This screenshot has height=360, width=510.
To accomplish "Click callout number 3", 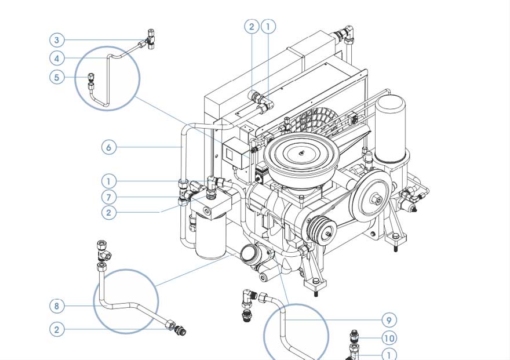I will click(57, 40).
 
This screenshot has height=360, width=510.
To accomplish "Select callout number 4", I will click(57, 58).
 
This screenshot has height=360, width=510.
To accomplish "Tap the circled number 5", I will click(57, 77).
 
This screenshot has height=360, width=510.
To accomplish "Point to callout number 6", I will click(108, 147).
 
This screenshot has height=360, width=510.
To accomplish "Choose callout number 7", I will click(108, 197).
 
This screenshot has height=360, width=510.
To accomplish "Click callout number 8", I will click(57, 306).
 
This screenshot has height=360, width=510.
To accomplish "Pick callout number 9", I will click(389, 319).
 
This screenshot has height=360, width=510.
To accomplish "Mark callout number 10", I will click(389, 338).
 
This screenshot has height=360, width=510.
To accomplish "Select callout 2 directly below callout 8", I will click(57, 329).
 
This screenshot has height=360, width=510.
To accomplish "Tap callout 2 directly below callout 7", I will click(108, 213).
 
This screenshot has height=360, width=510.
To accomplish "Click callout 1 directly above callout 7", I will click(108, 181).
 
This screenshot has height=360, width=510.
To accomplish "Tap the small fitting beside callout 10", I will click(355, 336).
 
